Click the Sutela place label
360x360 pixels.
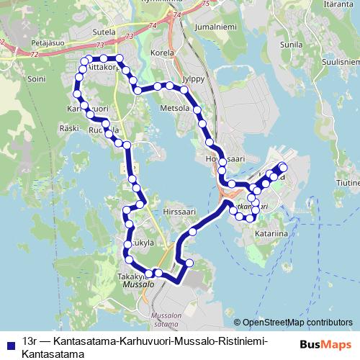click(x=104, y=32)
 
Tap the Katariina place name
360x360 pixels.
click(x=270, y=234)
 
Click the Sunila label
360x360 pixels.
click(x=292, y=45)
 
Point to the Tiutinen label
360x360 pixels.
click(x=346, y=183)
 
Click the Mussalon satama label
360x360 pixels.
click(x=168, y=319)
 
